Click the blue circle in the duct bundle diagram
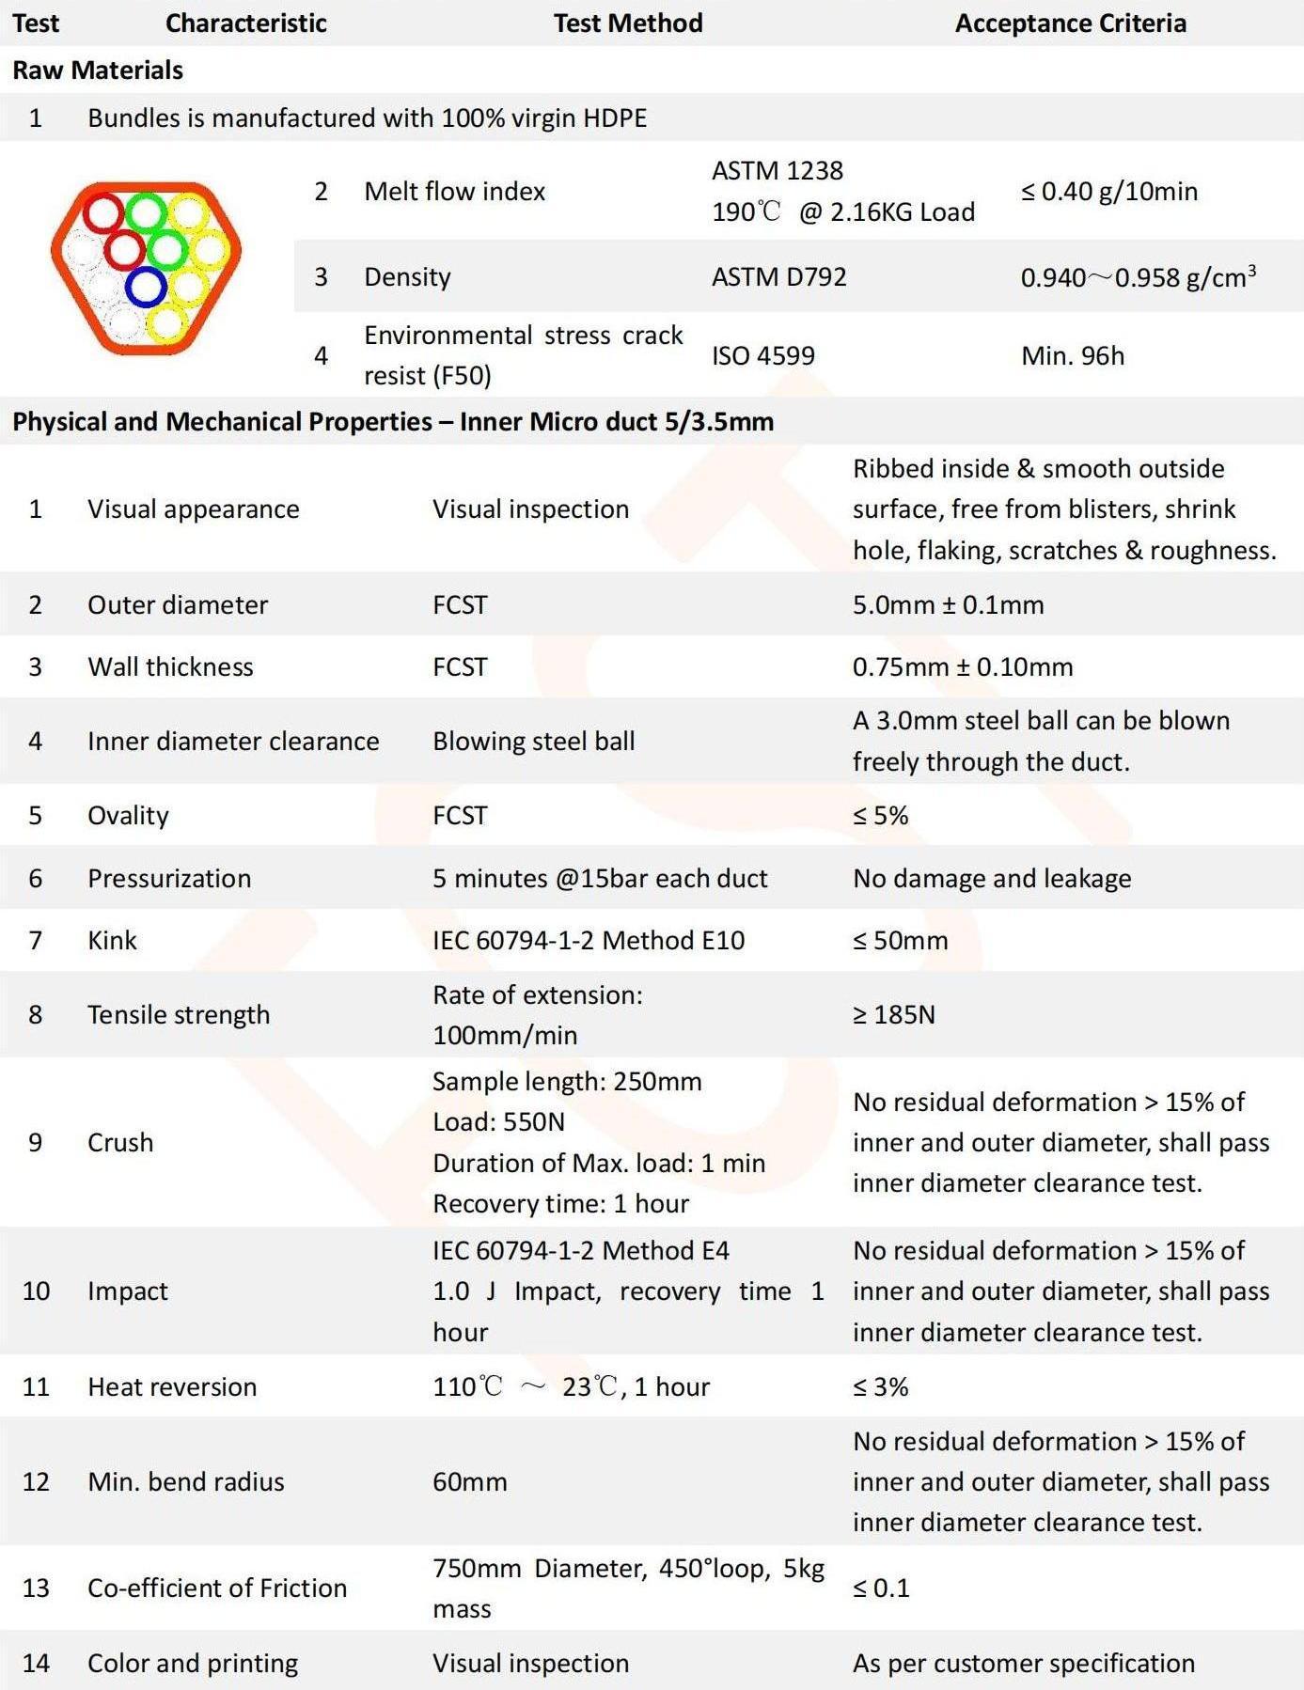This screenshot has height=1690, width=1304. click(x=146, y=287)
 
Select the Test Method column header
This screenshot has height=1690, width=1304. click(x=627, y=23)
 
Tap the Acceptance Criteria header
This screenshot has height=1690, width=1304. click(x=1070, y=23)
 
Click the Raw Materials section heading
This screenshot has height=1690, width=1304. click(x=98, y=70)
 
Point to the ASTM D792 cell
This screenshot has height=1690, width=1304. click(x=778, y=276)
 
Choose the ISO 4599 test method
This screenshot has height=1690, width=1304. click(x=762, y=355)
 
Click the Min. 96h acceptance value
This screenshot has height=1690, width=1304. click(x=1072, y=355)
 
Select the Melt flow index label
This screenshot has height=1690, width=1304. click(x=454, y=192)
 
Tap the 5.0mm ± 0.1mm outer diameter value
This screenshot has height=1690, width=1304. click(x=948, y=604)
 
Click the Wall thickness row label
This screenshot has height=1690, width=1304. click(x=170, y=666)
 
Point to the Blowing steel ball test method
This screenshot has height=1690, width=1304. click(x=533, y=741)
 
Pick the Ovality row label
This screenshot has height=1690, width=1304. click(x=128, y=815)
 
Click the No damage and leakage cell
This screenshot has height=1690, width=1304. click(x=992, y=878)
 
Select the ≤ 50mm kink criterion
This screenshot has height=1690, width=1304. click(x=900, y=940)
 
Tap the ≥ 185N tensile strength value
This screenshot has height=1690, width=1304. click(x=893, y=1014)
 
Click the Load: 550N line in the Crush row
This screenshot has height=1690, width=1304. click(x=498, y=1121)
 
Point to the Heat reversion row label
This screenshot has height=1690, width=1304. click(x=172, y=1386)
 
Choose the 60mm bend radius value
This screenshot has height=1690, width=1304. click(x=469, y=1481)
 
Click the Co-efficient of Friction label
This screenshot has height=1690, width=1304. click(x=217, y=1588)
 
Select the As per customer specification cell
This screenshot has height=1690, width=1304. click(x=1023, y=1663)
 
